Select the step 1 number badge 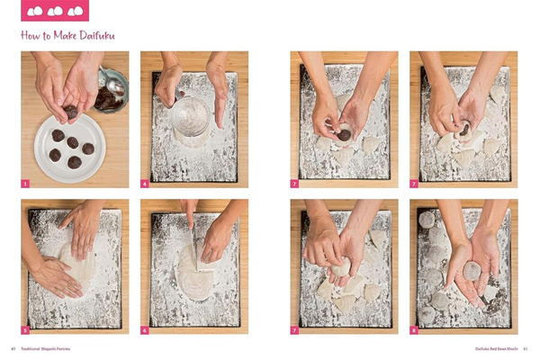26,183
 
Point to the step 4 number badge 145,183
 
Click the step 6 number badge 145,330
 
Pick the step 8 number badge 414,330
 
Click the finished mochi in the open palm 471,270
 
